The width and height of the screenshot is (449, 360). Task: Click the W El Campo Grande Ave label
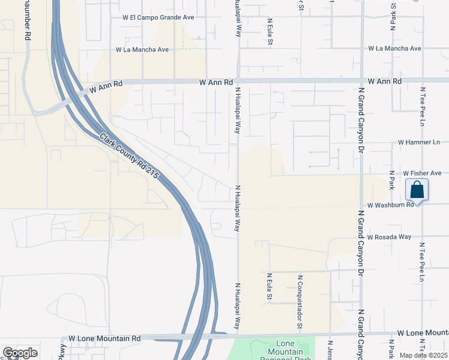pos(158,18)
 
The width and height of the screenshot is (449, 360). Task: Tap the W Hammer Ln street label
pos(419,142)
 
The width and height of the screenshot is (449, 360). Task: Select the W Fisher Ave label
pos(423,172)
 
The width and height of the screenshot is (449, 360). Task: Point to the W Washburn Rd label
pos(391,205)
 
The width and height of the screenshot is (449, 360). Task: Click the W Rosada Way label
pos(390,237)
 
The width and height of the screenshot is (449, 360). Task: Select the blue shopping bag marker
pos(417,191)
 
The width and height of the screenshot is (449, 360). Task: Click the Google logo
pos(20,353)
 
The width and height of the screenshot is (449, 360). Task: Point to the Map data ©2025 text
pos(423,355)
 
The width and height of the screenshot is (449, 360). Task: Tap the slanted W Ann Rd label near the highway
pos(106,88)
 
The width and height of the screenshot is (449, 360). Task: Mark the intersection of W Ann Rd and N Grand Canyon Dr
pos(361,80)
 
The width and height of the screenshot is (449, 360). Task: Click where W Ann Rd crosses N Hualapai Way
pos(238,81)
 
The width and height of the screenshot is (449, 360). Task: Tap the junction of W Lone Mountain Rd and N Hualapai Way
pos(238,335)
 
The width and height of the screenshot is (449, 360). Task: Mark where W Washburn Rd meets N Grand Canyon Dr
pos(361,204)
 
